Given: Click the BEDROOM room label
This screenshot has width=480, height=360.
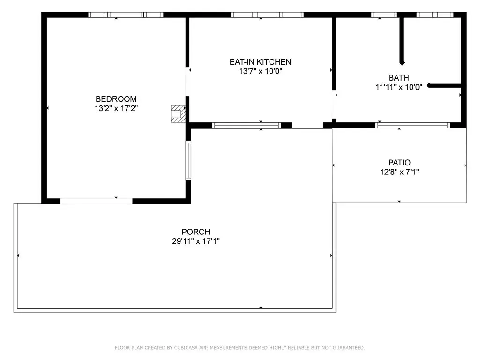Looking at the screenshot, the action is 116,99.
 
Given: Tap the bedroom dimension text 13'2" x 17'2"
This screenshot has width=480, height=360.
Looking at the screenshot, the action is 116,108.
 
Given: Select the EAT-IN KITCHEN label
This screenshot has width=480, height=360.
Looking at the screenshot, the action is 261,62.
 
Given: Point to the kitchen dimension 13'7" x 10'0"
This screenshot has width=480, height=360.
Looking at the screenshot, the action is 261,71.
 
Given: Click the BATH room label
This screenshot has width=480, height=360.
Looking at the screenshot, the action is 399,78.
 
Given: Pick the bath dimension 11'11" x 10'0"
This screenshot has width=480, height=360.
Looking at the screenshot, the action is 399,87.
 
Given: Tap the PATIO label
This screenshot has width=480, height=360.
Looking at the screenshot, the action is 399,163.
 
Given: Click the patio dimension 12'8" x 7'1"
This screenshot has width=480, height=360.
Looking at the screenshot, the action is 399,172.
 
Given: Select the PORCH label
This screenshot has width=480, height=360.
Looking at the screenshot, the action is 196,232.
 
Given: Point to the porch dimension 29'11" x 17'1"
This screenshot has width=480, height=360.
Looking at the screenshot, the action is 196,241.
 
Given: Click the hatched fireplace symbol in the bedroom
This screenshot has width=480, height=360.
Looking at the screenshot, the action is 178,114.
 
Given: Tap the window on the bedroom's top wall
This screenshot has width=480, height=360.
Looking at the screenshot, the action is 126,15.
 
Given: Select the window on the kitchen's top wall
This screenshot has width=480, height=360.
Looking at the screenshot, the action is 267,15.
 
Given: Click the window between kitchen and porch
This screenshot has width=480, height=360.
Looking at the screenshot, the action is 247,125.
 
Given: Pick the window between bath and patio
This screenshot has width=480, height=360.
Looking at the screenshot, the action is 412,125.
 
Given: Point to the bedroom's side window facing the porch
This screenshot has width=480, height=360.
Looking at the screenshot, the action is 188,160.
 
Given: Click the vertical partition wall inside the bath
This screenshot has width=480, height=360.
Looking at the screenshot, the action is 402,40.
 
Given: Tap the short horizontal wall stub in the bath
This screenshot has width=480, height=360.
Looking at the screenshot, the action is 444,86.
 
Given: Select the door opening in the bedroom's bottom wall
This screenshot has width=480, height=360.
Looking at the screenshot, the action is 97,201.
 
